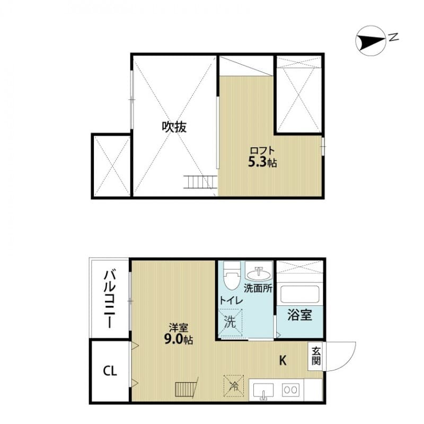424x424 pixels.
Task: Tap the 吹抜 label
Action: click(x=174, y=127)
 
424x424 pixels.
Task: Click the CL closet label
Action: click(x=110, y=370)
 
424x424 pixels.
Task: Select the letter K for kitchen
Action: click(x=283, y=361)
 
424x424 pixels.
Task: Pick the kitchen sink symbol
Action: click(x=263, y=391)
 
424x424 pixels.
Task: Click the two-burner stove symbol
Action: click(x=290, y=390)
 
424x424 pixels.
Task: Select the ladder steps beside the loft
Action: click(x=200, y=182)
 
